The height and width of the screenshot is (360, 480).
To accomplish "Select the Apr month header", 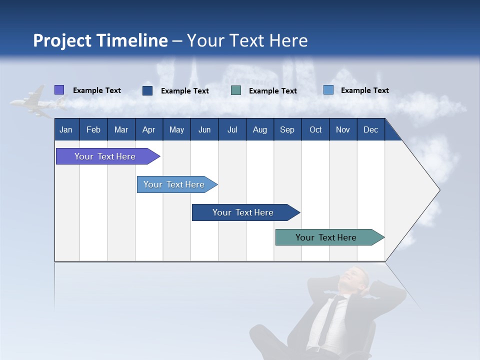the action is [149, 129].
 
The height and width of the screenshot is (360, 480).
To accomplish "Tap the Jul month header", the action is [232, 129].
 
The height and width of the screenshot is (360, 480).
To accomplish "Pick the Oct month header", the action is [315, 129].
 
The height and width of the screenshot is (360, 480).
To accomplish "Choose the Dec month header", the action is [370, 129].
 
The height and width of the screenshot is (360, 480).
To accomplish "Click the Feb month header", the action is [93, 129].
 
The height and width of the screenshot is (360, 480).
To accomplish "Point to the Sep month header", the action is [287, 129].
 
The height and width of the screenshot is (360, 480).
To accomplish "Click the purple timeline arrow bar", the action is [108, 156].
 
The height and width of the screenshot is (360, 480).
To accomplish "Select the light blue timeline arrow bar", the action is [177, 184].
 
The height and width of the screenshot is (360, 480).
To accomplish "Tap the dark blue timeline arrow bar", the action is [246, 212].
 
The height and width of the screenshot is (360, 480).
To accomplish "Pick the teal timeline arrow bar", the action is [330, 237].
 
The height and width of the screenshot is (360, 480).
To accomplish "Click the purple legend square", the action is [59, 89].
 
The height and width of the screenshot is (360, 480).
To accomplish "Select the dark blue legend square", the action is [147, 90].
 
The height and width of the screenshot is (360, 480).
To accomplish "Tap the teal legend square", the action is [235, 90].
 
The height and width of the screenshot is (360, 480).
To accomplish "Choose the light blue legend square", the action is [328, 89].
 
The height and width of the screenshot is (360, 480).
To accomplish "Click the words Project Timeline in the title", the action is [100, 40].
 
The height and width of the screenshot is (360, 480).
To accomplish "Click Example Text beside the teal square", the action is [273, 91].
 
